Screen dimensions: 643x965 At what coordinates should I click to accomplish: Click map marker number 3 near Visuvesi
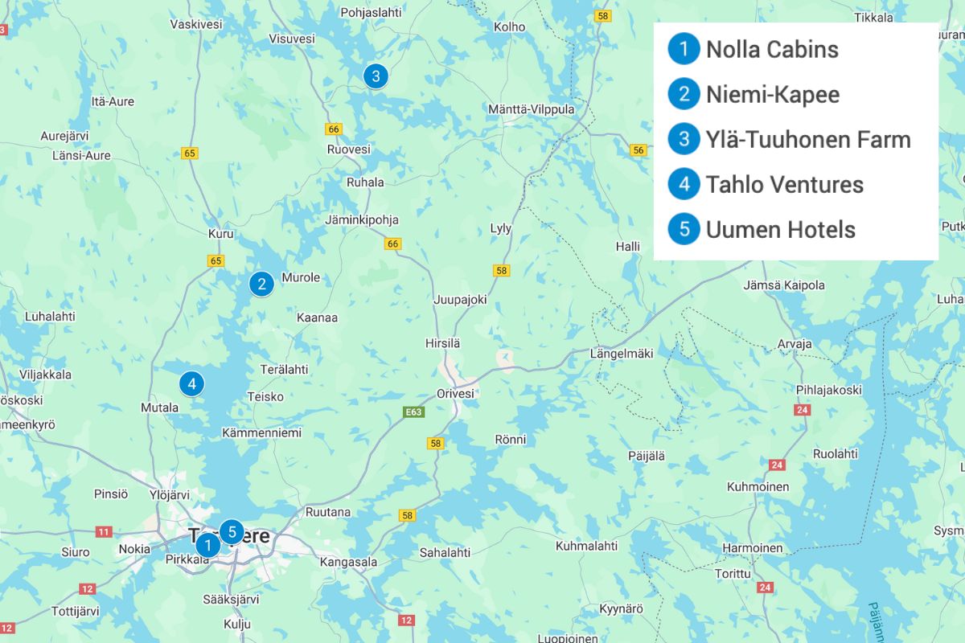pyautogui.click(x=376, y=76)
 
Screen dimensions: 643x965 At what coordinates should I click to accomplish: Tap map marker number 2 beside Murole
pyautogui.click(x=261, y=284)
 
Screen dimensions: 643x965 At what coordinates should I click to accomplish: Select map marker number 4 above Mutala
pyautogui.click(x=191, y=383)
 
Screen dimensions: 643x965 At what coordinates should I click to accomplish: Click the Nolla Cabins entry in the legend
pyautogui.click(x=771, y=49)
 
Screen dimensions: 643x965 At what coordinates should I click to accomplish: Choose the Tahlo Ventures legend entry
pyautogui.click(x=784, y=184)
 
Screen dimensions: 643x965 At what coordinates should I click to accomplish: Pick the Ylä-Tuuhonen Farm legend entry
pyautogui.click(x=807, y=139)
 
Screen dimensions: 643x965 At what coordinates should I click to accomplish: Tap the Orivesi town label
pyautogui.click(x=455, y=394)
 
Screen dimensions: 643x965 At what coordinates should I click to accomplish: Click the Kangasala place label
pyautogui.click(x=348, y=563)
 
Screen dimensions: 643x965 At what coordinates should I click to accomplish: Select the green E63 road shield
pyautogui.click(x=414, y=412)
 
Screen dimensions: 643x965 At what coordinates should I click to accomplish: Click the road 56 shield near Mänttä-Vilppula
pyautogui.click(x=639, y=150)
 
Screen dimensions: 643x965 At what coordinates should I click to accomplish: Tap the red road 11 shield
pyautogui.click(x=104, y=531)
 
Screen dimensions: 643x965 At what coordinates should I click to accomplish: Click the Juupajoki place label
pyautogui.click(x=460, y=299)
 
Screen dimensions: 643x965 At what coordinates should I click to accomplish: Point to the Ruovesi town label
pyautogui.click(x=349, y=149)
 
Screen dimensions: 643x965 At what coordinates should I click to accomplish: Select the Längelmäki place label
pyautogui.click(x=622, y=353)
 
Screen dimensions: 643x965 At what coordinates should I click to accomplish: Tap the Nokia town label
pyautogui.click(x=134, y=549)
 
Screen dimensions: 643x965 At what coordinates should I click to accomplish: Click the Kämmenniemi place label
pyautogui.click(x=262, y=432)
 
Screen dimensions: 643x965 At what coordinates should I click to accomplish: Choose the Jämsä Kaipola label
pyautogui.click(x=784, y=285)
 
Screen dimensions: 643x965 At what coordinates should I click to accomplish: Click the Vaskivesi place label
pyautogui.click(x=196, y=24)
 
